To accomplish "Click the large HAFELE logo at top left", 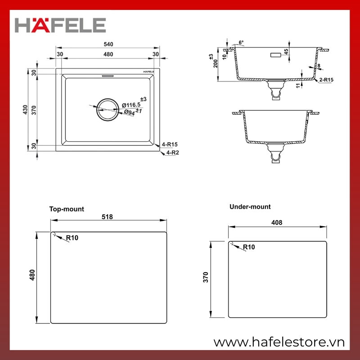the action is tap(60, 25).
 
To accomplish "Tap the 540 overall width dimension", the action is tap(108, 44).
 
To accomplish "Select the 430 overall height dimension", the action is tap(25, 110).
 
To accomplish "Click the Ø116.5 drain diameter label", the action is tap(131, 105).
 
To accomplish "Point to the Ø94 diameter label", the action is tap(130, 112).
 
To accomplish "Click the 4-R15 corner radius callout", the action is tap(170, 144).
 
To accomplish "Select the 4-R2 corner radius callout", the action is tap(173, 153).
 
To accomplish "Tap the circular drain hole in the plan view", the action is tap(108, 110).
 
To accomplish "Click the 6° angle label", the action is tap(241, 42).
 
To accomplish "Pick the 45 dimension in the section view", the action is tap(286, 52).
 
